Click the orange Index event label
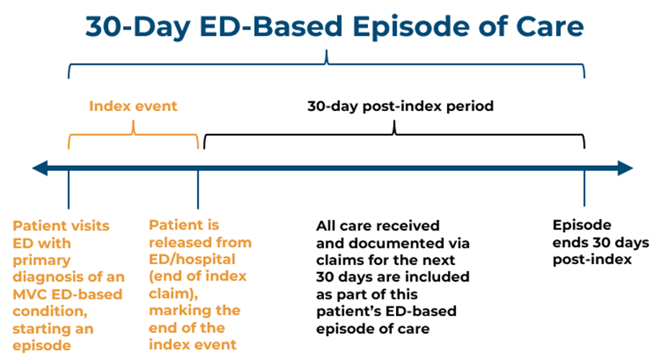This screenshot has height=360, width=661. (133, 106)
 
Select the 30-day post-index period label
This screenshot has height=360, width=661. (400, 106)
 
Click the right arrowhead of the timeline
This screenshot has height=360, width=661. (625, 168)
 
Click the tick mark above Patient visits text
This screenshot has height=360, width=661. (68, 189)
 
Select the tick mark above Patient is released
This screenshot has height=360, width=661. (198, 189)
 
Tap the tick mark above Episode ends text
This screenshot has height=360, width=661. (584, 188)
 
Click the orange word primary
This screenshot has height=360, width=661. (41, 261)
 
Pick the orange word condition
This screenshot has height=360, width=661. (50, 311)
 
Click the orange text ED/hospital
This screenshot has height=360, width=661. (192, 260)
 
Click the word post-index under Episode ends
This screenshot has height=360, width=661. (593, 259)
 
